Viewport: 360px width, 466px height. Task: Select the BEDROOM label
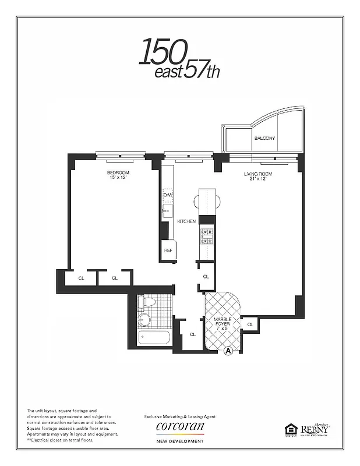tap(118, 173)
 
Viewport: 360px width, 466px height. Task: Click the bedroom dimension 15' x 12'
tap(118, 178)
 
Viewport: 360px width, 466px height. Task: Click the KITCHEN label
tap(186, 221)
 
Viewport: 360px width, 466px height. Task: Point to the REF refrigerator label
tap(168, 250)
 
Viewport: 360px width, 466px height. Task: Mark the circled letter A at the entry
tap(228, 351)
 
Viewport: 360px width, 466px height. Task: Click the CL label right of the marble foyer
tap(250, 324)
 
